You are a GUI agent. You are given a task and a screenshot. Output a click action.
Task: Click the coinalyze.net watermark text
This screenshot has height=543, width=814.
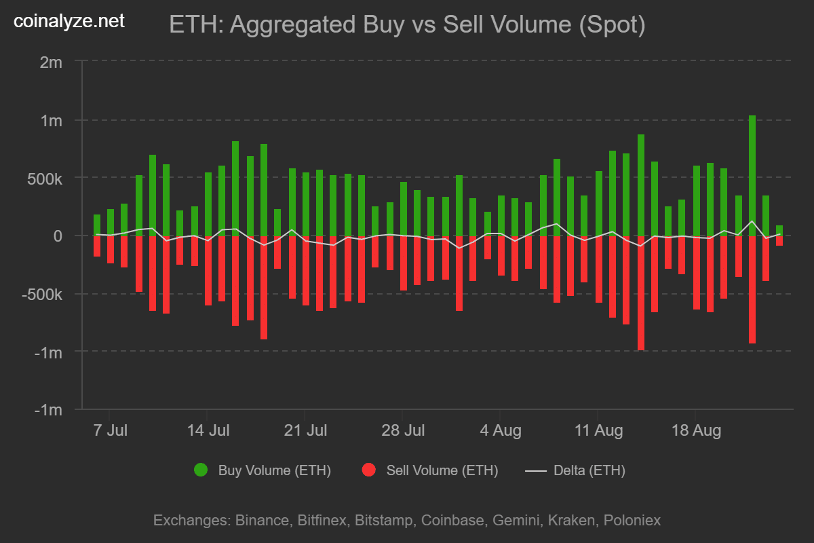69,21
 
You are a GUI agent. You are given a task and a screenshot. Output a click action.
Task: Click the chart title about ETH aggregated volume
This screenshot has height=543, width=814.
406,26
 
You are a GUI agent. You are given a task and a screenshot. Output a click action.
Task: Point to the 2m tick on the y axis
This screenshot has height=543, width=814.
51,62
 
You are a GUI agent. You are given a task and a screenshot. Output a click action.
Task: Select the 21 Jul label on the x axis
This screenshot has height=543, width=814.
305,430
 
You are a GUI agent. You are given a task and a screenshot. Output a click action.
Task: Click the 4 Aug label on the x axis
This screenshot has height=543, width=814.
500,430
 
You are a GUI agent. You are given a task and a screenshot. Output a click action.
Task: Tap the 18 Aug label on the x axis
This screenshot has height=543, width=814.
695,430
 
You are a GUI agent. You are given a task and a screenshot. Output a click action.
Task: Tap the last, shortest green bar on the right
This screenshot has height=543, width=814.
779,231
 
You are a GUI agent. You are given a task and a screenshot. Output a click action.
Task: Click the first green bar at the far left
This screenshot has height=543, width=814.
97,225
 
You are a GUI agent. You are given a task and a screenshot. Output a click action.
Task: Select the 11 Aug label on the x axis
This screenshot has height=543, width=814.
598,430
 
